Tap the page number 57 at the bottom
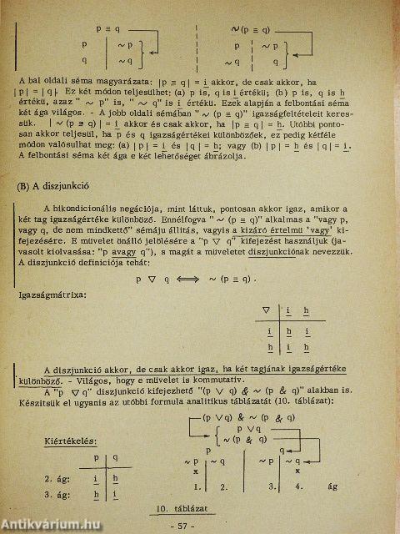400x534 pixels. tap(199, 526)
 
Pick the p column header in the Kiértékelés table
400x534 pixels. tap(96, 457)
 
